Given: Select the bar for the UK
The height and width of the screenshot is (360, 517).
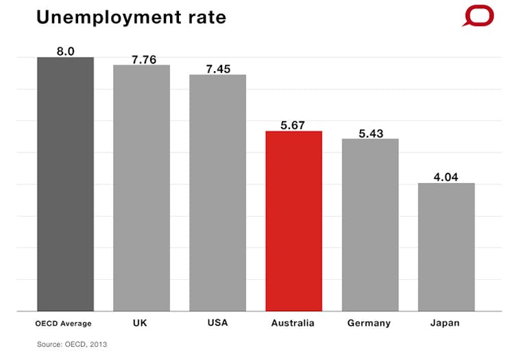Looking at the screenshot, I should point(141,188).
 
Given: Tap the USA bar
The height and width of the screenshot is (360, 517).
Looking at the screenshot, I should point(217,193).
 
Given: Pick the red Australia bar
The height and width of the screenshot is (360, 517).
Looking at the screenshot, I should point(293,221).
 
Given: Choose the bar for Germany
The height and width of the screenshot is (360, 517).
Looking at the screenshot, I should point(370,225).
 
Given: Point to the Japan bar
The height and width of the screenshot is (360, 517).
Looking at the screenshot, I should point(446,247).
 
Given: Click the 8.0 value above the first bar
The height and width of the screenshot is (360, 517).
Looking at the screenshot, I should point(66,51).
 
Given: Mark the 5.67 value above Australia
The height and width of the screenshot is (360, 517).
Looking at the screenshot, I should point(293,125).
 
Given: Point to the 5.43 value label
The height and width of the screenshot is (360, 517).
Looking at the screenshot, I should point(371,134).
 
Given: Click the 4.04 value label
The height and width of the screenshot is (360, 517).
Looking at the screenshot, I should point(446,178).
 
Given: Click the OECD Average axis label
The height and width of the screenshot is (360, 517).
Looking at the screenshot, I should point(63,323).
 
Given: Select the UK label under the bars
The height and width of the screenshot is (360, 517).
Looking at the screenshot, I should point(141,322).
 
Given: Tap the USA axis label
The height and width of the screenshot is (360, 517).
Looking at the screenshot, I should point(217,322).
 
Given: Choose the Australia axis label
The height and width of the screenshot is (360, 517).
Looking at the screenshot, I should point(293,322).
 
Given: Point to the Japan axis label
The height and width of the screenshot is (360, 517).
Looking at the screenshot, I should point(445,322).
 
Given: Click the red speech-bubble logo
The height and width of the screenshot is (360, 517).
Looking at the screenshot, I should point(478,16).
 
